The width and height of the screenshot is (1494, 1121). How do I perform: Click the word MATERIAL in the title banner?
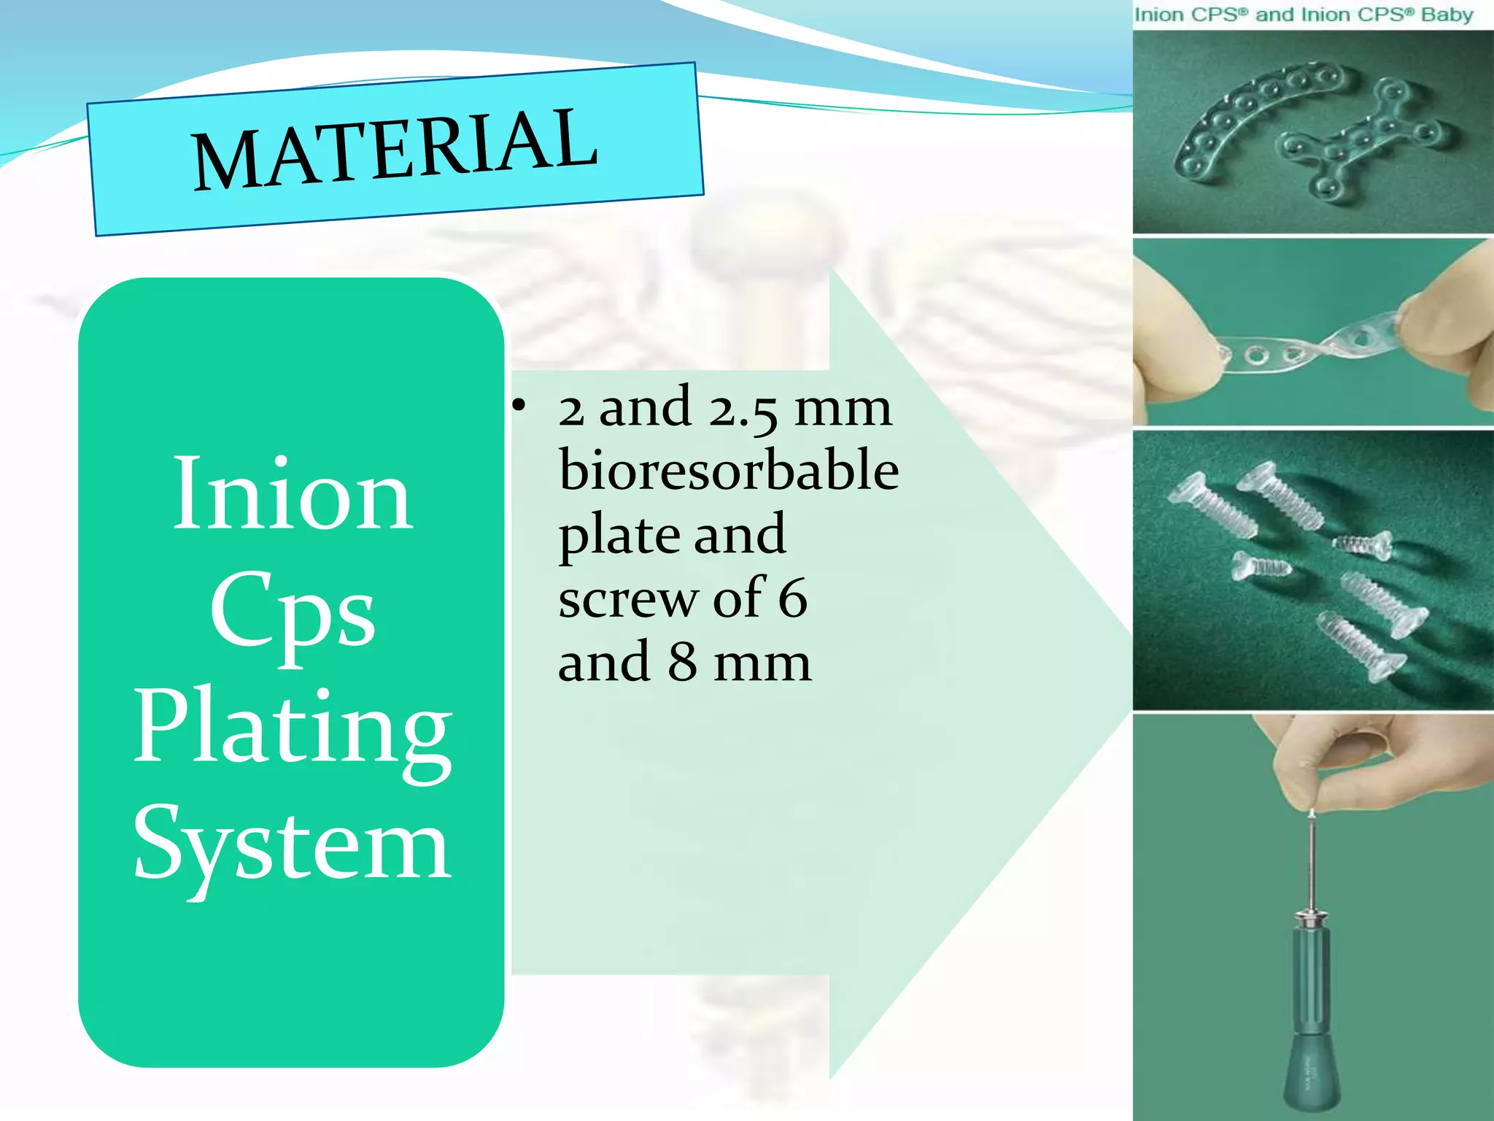pyautogui.click(x=395, y=148)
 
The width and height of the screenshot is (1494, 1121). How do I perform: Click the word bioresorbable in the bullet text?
pyautogui.click(x=728, y=471)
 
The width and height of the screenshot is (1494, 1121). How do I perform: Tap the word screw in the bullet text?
pyautogui.click(x=627, y=598)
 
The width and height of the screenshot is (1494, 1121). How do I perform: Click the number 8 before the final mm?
pyautogui.click(x=682, y=662)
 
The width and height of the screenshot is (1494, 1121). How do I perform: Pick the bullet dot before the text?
pyautogui.click(x=518, y=406)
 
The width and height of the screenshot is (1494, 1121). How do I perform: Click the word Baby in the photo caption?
pyautogui.click(x=1447, y=15)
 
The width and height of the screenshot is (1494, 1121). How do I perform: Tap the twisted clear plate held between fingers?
pyautogui.click(x=1306, y=349)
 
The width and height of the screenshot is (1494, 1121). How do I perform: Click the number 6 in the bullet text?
pyautogui.click(x=792, y=598)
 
